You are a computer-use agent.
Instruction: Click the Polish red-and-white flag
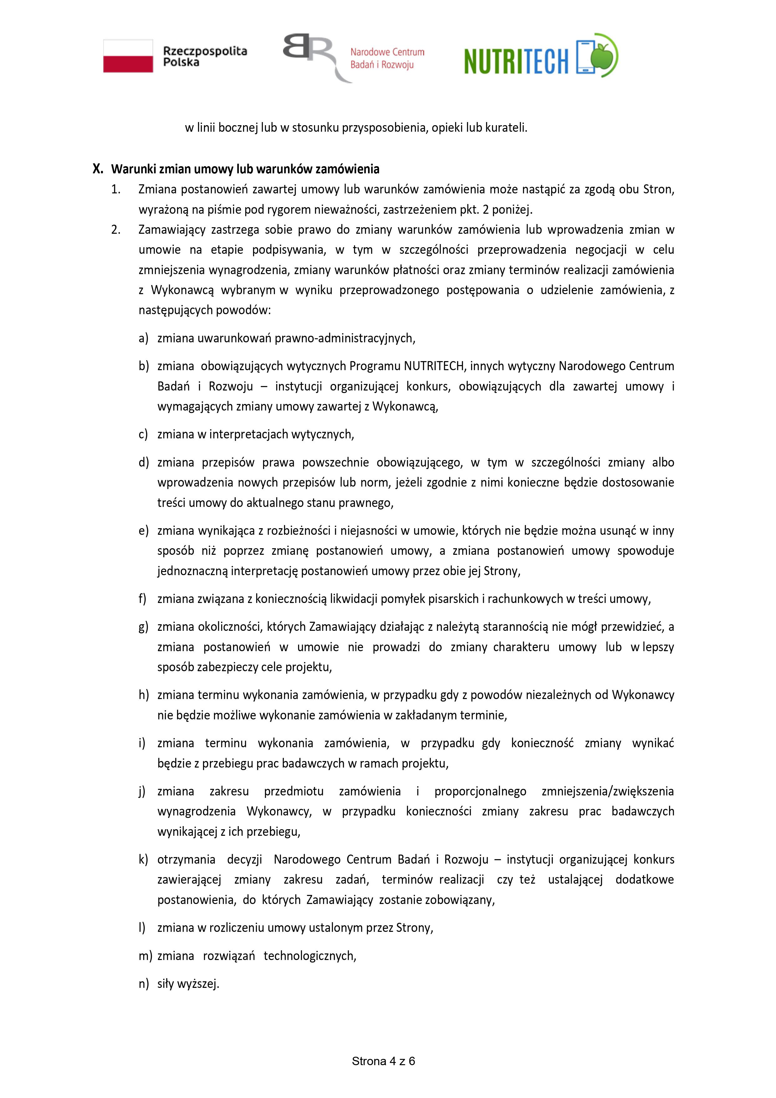point(128,56)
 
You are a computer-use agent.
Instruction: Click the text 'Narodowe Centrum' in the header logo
point(387,52)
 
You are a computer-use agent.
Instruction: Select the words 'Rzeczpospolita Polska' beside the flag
point(205,56)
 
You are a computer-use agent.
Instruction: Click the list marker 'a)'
point(144,339)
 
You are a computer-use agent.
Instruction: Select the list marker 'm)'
point(145,956)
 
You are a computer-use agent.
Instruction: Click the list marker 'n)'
point(144,984)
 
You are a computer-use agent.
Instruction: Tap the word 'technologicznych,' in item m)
point(310,956)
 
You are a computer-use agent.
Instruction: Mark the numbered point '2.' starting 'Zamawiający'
point(116,230)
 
